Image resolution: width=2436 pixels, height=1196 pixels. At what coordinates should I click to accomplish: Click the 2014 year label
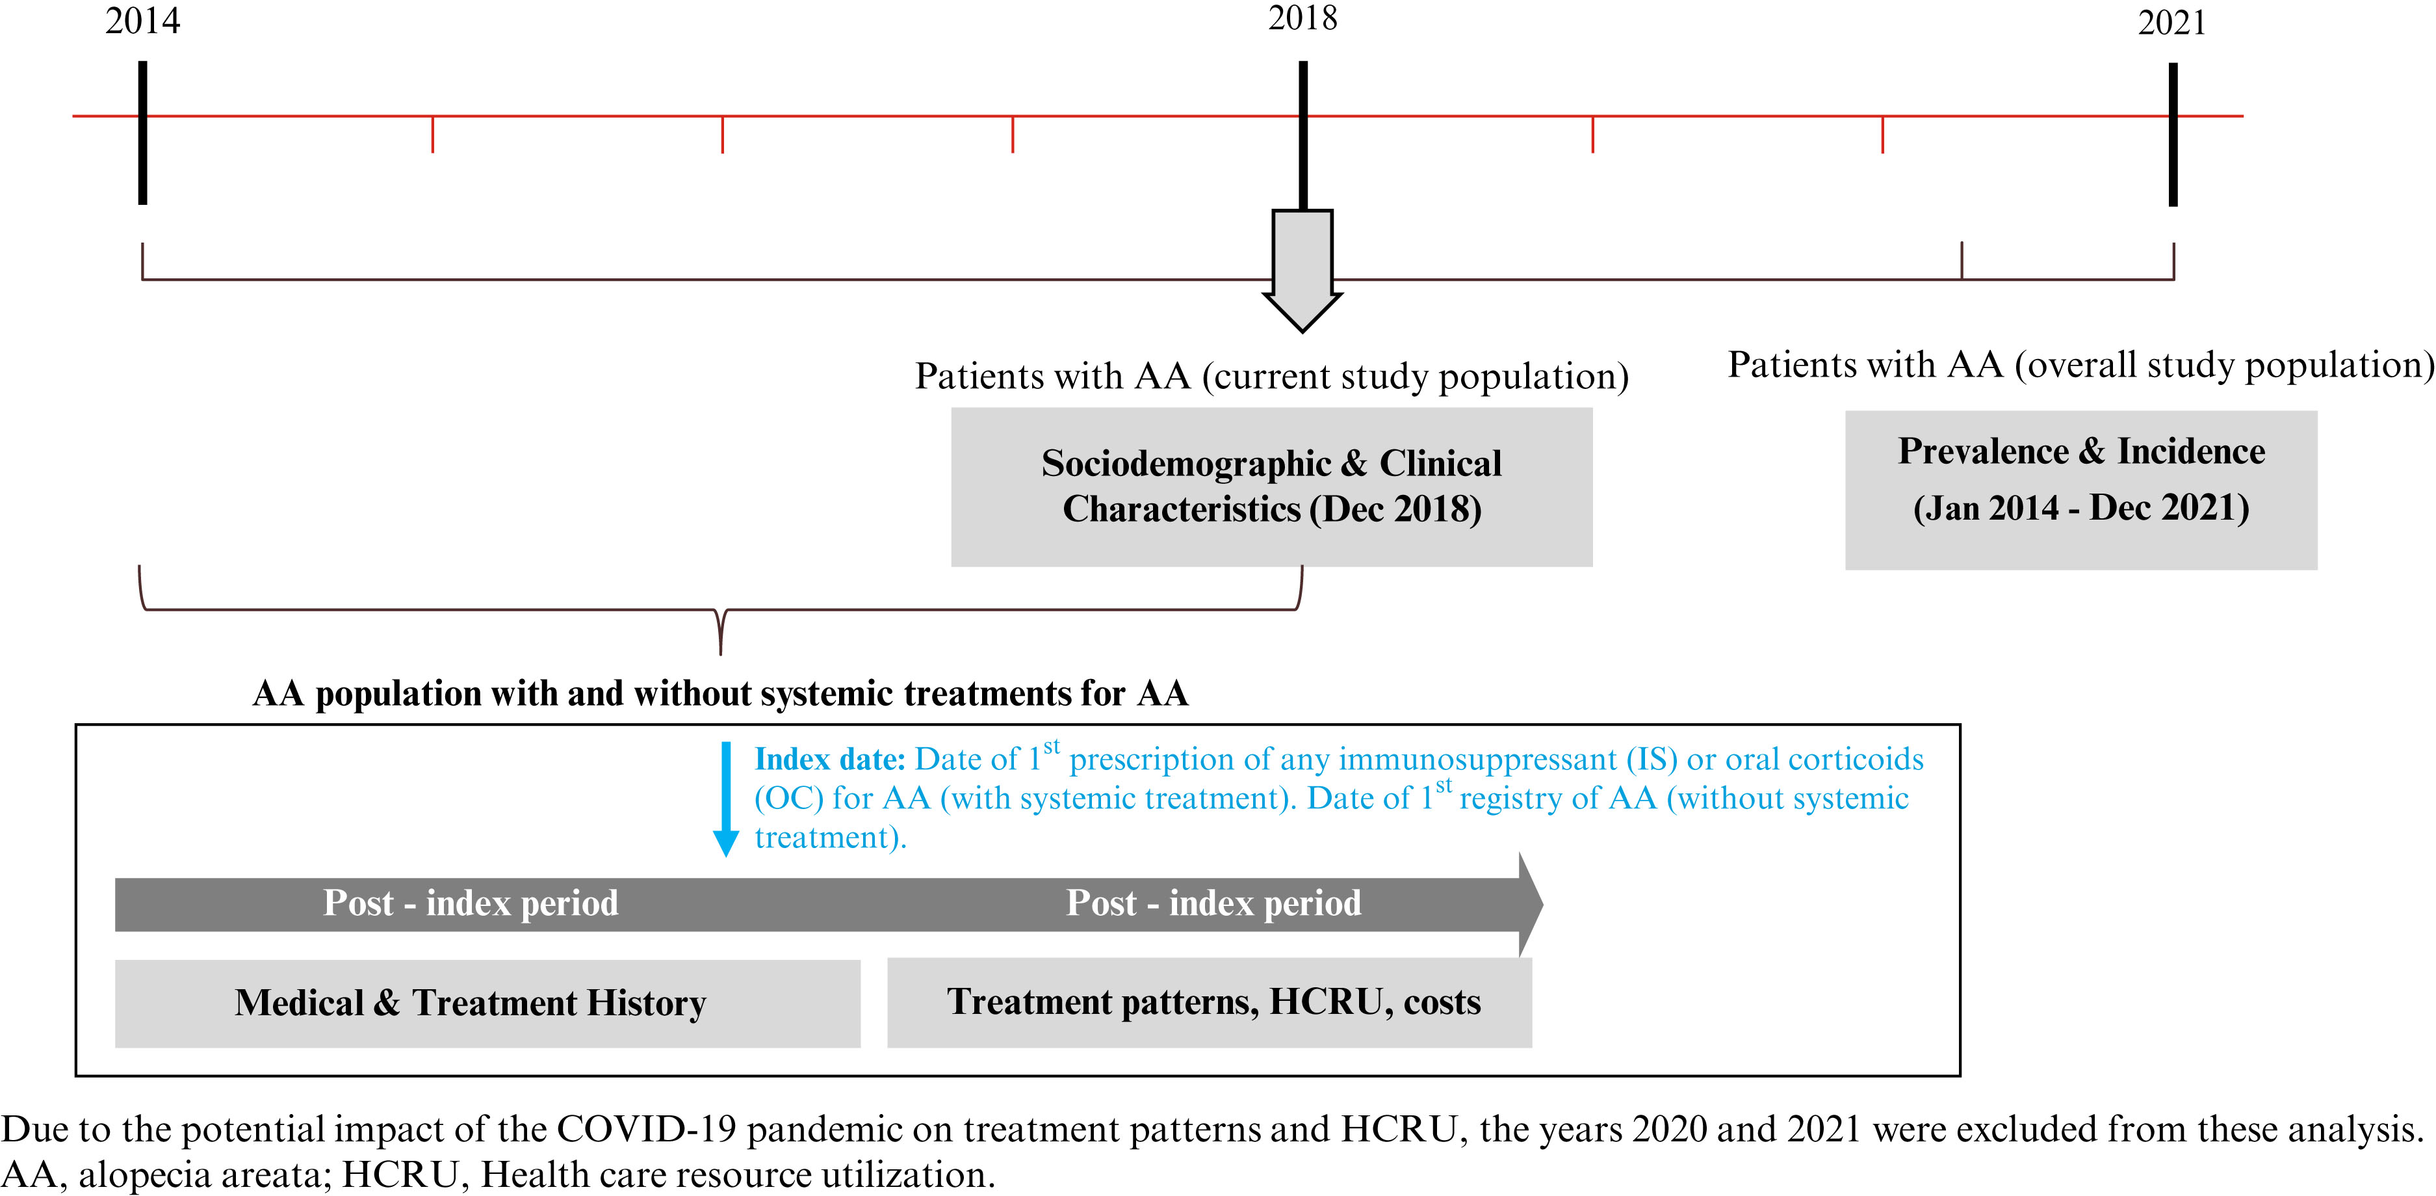142,21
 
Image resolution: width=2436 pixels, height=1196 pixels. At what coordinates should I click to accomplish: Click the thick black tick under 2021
2173,135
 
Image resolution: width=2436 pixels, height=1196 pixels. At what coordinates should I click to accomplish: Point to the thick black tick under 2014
143,133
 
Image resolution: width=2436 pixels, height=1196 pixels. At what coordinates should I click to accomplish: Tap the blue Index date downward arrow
725,799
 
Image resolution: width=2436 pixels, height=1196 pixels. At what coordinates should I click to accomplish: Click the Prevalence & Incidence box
2080,490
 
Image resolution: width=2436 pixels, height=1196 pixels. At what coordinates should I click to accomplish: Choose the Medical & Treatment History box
488,1003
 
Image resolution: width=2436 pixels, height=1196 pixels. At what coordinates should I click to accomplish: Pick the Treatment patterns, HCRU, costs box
1210,1002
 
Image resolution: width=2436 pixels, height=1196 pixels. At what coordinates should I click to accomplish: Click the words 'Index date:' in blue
830,760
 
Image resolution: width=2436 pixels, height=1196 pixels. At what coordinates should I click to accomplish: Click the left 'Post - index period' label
471,903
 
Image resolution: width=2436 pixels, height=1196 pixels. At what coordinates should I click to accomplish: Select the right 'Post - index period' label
1213,903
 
